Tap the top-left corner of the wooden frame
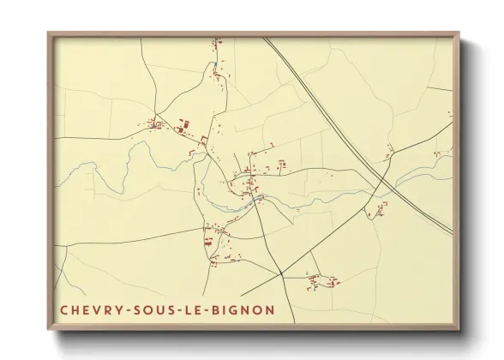point(49,33)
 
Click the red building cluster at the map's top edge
point(217,40)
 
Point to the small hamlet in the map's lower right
point(324,279)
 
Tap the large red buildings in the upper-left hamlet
point(183,129)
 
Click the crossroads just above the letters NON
point(280,274)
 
